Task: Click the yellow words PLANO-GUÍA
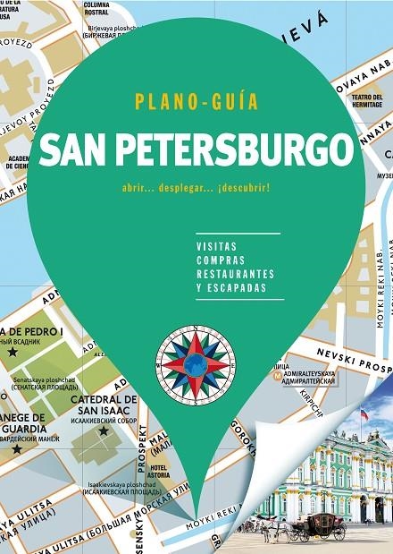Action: pos(196,102)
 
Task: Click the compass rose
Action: pos(196,362)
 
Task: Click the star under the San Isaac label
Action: pos(104,431)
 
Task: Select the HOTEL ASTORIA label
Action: pos(161,472)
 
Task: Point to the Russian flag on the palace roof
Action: pos(364,415)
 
